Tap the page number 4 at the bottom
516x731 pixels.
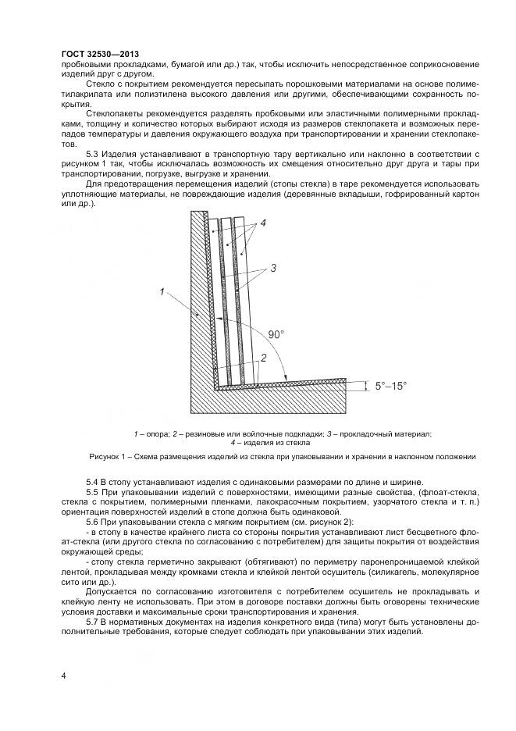62,674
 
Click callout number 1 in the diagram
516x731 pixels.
162,292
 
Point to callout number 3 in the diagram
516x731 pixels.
273,269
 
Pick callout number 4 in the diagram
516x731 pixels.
264,223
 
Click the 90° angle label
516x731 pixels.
276,333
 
